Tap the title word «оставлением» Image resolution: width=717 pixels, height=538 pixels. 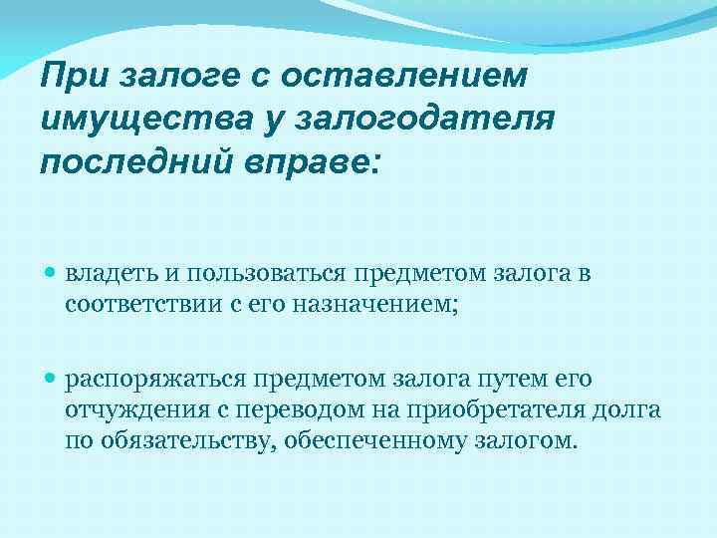click(x=407, y=77)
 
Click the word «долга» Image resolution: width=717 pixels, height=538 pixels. click(x=631, y=410)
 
